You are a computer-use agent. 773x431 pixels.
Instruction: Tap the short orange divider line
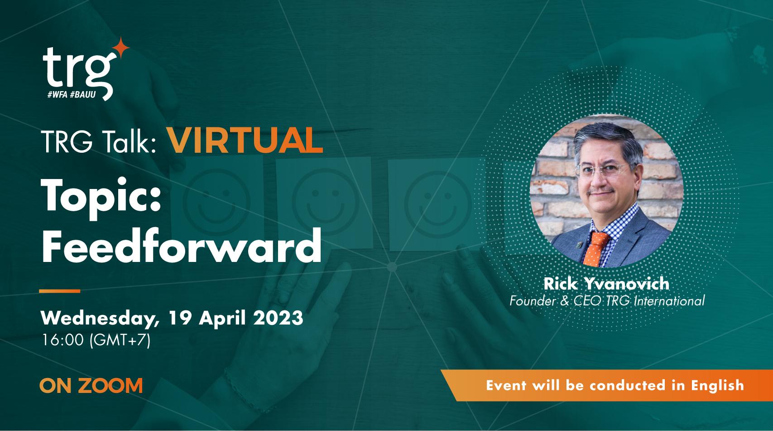[59, 291]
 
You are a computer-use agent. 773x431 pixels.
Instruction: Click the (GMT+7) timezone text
[120, 340]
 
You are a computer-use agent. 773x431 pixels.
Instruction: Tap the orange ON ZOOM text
[91, 386]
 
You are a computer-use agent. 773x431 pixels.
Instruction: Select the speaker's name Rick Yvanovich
[606, 284]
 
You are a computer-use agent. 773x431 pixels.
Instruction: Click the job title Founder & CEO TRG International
[607, 300]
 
